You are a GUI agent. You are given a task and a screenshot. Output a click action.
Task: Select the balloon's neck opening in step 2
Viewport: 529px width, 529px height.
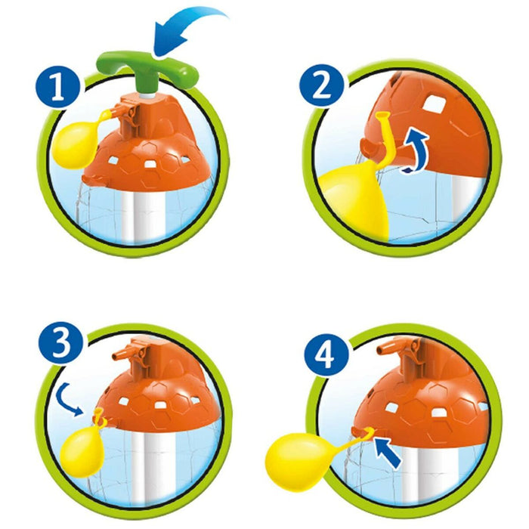(x=383, y=116)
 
